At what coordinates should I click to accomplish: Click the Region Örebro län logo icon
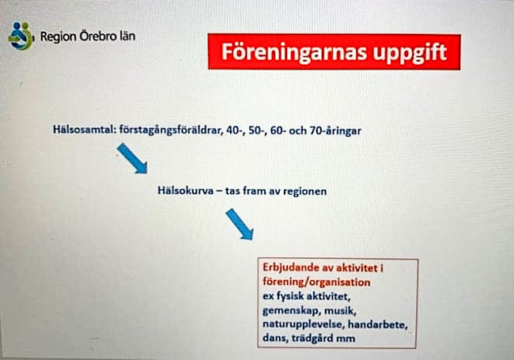point(21,36)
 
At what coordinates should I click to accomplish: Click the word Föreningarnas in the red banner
point(294,51)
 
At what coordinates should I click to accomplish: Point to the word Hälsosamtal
point(85,130)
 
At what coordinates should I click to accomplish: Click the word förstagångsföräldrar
point(171,131)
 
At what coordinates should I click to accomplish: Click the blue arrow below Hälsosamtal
point(132,158)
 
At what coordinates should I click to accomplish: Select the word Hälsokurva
point(186,191)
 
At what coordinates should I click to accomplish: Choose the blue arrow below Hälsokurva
point(240,224)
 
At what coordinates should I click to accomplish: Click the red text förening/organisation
point(316,282)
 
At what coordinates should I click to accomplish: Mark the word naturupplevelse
point(303,324)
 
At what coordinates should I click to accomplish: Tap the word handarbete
point(378,324)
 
